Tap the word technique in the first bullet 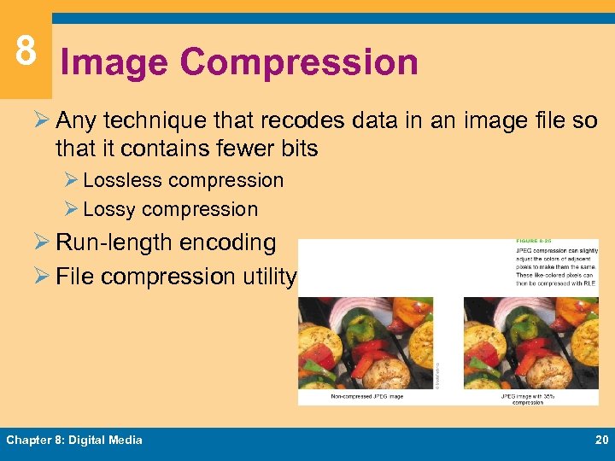(150, 122)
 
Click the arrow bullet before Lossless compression (72, 180)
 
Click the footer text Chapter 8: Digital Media (74, 440)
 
